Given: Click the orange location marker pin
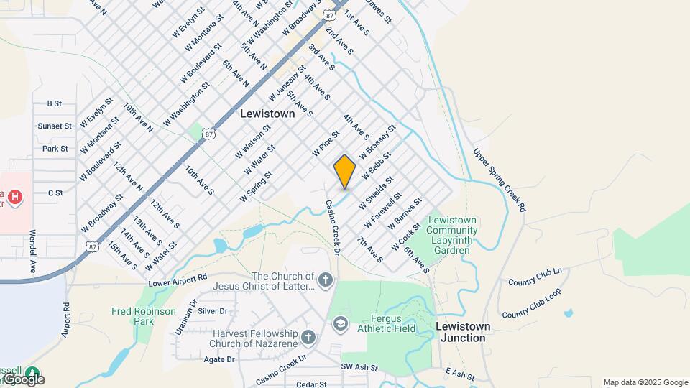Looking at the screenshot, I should pyautogui.click(x=345, y=171).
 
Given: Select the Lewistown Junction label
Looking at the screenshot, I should pyautogui.click(x=464, y=332).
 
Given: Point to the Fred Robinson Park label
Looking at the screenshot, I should pyautogui.click(x=144, y=316).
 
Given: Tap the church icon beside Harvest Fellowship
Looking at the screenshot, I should pyautogui.click(x=308, y=337).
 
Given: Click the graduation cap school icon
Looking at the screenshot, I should pyautogui.click(x=340, y=325).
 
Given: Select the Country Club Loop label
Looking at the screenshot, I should pyautogui.click(x=531, y=305).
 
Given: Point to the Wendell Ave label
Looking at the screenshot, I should pyautogui.click(x=33, y=250).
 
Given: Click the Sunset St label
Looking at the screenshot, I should pyautogui.click(x=55, y=126).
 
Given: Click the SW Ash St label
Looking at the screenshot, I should pyautogui.click(x=359, y=367).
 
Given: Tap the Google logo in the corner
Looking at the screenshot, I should pyautogui.click(x=24, y=379).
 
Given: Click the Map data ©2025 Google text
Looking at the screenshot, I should pyautogui.click(x=645, y=382).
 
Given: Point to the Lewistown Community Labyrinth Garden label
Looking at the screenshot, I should pyautogui.click(x=452, y=235).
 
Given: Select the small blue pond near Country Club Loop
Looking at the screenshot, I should pyautogui.click(x=569, y=313).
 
